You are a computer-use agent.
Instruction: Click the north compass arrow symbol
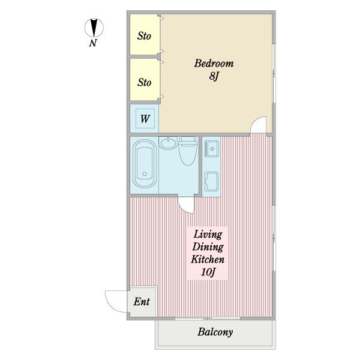tap(94, 28)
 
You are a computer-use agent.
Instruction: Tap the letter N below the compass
tap(93, 43)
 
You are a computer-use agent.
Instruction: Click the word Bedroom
tap(214, 64)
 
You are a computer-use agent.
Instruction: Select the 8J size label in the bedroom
tap(214, 76)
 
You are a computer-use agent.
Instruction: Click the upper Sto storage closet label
tap(144, 36)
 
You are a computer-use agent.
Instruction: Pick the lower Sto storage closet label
tap(145, 82)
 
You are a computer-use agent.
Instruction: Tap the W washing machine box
tap(145, 119)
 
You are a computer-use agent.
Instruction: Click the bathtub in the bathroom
tap(145, 164)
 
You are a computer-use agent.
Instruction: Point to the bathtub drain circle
tap(145, 174)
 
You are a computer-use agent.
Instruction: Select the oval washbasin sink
tap(168, 143)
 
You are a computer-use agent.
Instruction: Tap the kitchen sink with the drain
tap(212, 149)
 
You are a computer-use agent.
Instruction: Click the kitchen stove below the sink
tap(211, 181)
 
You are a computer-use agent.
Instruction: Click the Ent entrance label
tap(142, 302)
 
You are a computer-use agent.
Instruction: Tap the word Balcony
tap(215, 332)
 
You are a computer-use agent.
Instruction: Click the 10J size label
tap(208, 272)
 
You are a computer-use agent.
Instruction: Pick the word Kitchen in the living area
tap(208, 259)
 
